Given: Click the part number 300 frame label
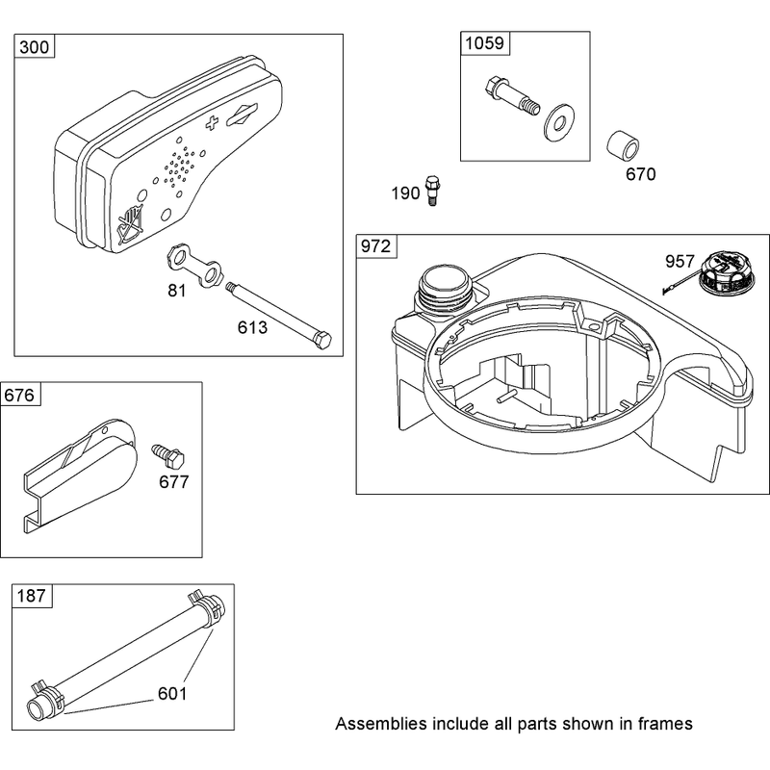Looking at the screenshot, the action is click(x=35, y=47).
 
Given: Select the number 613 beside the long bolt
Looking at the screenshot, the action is click(x=252, y=327).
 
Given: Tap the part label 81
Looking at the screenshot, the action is click(x=177, y=291).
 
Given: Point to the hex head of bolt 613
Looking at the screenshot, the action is click(x=322, y=340).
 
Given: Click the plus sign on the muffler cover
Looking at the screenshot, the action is click(x=212, y=122).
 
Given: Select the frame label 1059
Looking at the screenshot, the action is click(x=484, y=43).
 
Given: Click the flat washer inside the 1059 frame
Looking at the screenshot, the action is click(x=559, y=122).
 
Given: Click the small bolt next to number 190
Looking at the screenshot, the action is click(x=432, y=190).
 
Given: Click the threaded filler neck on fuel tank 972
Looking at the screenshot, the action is click(x=445, y=293).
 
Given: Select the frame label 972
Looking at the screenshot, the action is click(x=375, y=246).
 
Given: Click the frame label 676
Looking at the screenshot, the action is click(x=19, y=396).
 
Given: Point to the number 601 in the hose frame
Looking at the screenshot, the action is click(x=172, y=694).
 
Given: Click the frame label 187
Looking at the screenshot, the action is click(x=31, y=596).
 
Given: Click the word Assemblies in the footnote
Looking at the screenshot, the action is click(x=381, y=724).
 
